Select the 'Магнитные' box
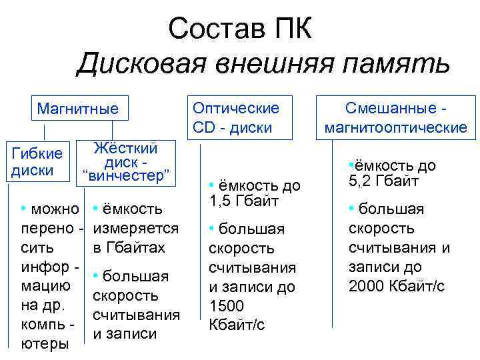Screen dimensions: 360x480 coord(77,109)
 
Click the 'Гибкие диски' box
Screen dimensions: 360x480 coord(37,162)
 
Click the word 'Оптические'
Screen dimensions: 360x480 coord(235,107)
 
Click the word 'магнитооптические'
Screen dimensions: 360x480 coord(396,127)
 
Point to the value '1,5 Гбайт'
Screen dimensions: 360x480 coord(241,201)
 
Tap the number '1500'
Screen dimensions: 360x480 coord(227,306)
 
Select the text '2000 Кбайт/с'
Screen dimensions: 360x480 coord(397,287)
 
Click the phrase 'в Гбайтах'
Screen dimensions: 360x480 coord(129,248)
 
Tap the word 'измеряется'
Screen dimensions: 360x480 coord(136,229)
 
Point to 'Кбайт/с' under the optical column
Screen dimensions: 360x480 coord(237,325)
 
